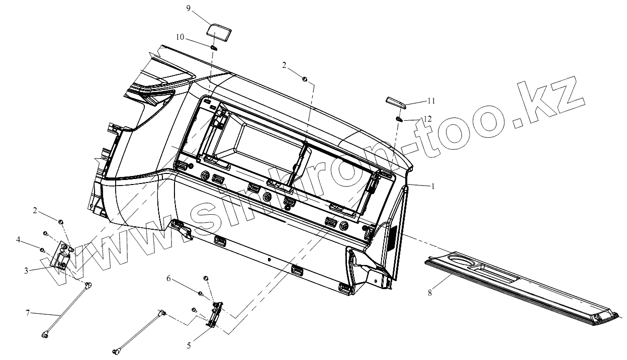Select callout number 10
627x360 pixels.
[x=180, y=37]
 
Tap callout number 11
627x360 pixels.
[x=431, y=101]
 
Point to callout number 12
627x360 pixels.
[x=427, y=119]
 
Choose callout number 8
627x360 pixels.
[x=430, y=292]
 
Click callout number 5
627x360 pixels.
[x=189, y=345]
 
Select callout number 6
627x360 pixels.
[x=169, y=278]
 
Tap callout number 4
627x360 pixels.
[x=18, y=240]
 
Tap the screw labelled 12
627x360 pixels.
[x=399, y=120]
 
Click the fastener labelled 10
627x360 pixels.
[x=213, y=47]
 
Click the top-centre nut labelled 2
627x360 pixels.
[x=305, y=78]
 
